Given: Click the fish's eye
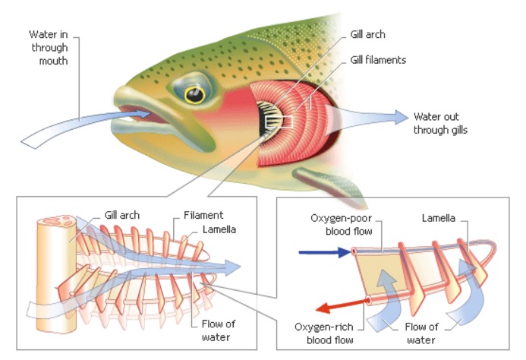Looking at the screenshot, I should [x=196, y=94].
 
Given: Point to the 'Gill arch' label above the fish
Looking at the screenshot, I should [x=368, y=35].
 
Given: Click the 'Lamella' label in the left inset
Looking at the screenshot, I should [x=218, y=229].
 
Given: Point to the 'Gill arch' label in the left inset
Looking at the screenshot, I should [x=123, y=215].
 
